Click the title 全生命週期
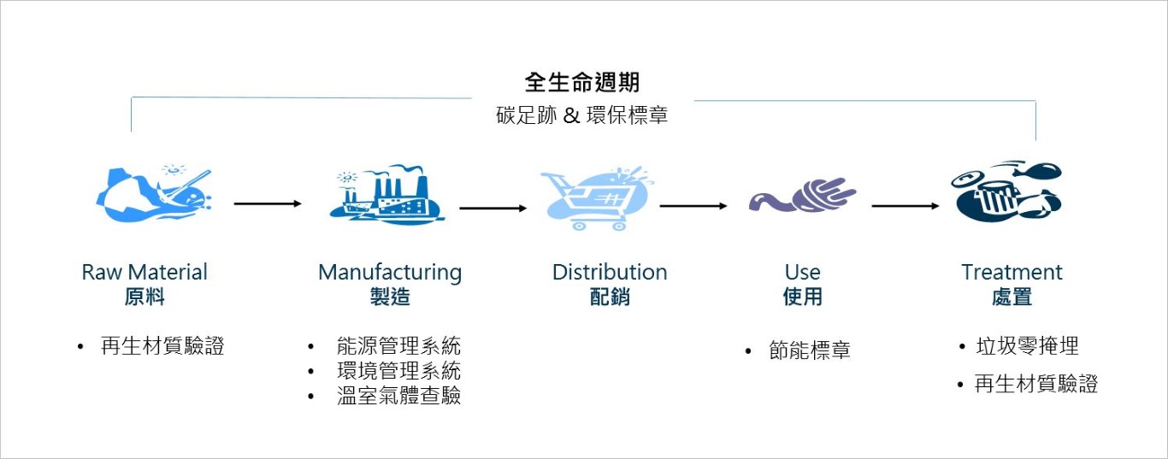tap(582, 82)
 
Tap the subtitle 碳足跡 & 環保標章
tap(582, 115)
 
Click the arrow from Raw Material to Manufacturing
tap(268, 204)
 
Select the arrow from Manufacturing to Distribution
tap(493, 208)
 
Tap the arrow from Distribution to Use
tap(693, 206)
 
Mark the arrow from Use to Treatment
tap(905, 206)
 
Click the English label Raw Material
tap(145, 273)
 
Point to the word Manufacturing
tap(390, 273)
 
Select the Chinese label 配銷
tap(610, 297)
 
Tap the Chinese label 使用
tap(802, 297)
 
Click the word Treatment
tap(1012, 273)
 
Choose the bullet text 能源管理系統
tap(398, 346)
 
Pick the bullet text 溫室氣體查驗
tap(398, 396)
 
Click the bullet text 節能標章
tap(810, 351)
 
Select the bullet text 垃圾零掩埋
tap(1027, 346)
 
